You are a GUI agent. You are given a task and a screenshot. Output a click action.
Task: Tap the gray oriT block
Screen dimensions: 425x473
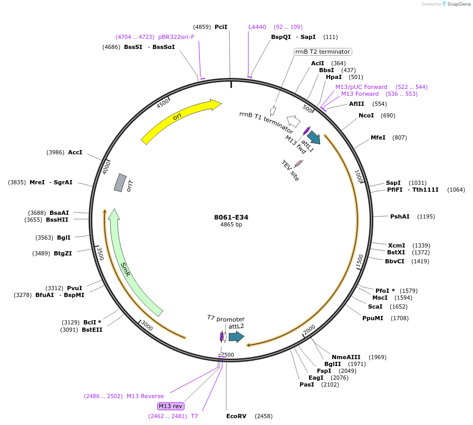click(x=120, y=182)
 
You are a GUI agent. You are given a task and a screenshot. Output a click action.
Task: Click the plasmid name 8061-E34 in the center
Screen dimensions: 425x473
click(x=231, y=217)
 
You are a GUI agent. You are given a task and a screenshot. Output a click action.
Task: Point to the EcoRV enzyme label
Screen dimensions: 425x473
click(x=236, y=416)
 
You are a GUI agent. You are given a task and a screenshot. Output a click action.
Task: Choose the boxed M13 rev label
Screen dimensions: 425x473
click(x=171, y=406)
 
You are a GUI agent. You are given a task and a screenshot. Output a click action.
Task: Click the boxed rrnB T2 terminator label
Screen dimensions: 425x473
click(x=323, y=52)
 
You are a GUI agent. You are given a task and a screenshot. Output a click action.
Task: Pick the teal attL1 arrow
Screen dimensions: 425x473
click(x=313, y=137)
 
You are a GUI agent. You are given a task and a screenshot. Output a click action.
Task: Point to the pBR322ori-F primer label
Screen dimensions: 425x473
click(x=176, y=37)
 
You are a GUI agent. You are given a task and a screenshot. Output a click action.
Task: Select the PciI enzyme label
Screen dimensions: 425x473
click(x=221, y=27)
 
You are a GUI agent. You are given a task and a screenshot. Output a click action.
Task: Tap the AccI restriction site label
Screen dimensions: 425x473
click(x=75, y=152)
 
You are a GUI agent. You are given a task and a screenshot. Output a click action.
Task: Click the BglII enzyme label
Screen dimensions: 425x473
click(x=333, y=364)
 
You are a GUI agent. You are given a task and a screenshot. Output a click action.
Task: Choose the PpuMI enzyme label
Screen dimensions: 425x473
click(x=373, y=318)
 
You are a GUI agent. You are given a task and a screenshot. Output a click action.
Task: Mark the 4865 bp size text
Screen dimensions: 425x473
click(x=231, y=225)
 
